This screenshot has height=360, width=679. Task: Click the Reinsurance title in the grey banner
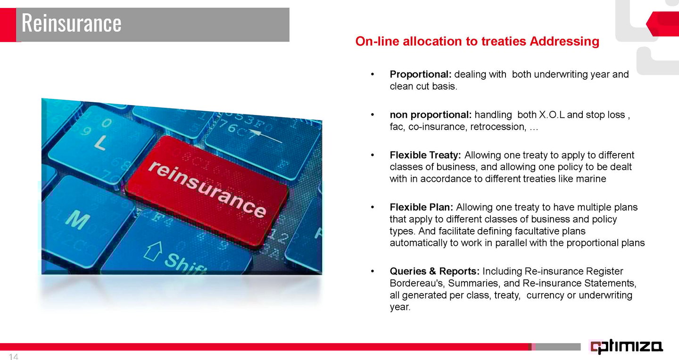pyautogui.click(x=71, y=23)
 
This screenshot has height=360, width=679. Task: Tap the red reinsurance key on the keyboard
pyautogui.click(x=207, y=190)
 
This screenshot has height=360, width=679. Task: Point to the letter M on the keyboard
pyautogui.click(x=78, y=220)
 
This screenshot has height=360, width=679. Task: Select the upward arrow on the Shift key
pyautogui.click(x=153, y=251)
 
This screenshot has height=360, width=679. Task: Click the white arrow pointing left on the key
pyautogui.click(x=265, y=136)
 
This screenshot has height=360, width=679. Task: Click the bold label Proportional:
pyautogui.click(x=421, y=74)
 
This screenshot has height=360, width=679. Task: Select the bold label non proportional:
pyautogui.click(x=431, y=115)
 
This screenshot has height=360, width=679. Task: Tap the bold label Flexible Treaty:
pyautogui.click(x=425, y=155)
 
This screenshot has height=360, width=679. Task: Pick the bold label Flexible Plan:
pyautogui.click(x=421, y=207)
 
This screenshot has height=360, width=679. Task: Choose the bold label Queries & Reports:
pyautogui.click(x=434, y=271)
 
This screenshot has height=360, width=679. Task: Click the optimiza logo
pyautogui.click(x=627, y=346)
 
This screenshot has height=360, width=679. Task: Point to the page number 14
pyautogui.click(x=14, y=357)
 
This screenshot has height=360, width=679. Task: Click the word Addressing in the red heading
pyautogui.click(x=564, y=41)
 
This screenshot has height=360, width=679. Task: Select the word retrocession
pyautogui.click(x=497, y=127)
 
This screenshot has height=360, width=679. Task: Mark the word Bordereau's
pyautogui.click(x=416, y=283)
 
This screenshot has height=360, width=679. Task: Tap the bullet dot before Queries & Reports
pyautogui.click(x=373, y=271)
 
